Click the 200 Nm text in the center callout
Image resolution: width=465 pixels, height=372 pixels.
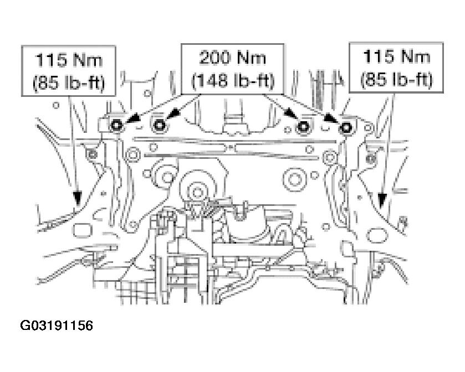(233, 58)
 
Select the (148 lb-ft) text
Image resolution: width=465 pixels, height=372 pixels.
(233, 80)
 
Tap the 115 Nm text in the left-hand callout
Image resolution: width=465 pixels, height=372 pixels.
(69, 60)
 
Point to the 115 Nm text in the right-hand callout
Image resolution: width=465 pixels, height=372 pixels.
(396, 56)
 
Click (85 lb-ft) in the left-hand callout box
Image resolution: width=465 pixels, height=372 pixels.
(69, 82)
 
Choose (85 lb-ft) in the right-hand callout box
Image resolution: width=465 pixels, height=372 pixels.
(396, 79)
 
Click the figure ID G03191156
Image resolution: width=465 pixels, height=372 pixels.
(57, 325)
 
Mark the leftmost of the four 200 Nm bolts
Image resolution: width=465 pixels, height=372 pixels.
(116, 126)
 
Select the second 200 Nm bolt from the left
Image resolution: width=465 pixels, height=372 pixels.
(160, 126)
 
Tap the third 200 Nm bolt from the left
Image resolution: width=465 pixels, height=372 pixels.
(303, 127)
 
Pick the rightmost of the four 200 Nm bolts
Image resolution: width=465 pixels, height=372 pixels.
(346, 128)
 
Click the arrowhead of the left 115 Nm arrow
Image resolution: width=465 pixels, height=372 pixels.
(78, 198)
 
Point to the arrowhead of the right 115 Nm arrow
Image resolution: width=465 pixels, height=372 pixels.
(382, 200)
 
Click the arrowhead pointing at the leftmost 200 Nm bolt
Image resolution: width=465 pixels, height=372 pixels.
(131, 119)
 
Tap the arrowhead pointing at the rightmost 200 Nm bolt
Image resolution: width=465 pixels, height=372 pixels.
(331, 119)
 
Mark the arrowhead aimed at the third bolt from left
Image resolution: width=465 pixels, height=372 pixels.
(289, 116)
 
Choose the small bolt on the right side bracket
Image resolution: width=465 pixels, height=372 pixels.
(370, 159)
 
